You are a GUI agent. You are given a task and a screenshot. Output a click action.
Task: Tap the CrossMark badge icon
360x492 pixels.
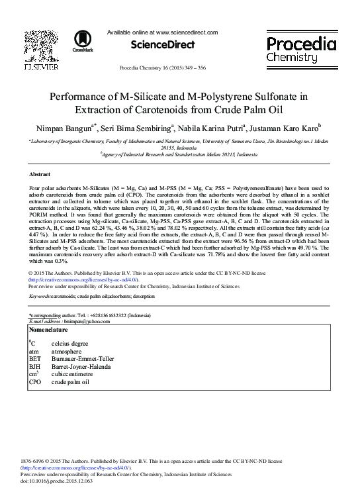click(x=83, y=41)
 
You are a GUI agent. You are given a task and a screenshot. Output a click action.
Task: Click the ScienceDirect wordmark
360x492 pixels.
click(x=162, y=45)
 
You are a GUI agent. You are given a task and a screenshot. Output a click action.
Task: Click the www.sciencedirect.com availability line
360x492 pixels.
click(x=162, y=32)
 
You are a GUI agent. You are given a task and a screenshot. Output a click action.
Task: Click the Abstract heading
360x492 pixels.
click(x=40, y=174)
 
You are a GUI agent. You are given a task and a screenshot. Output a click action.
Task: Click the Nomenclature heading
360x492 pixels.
click(x=48, y=329)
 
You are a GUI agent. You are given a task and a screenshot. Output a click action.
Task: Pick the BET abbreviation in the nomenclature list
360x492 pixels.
click(x=34, y=359)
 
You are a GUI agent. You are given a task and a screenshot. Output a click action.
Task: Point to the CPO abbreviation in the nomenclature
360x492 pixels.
click(x=35, y=382)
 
